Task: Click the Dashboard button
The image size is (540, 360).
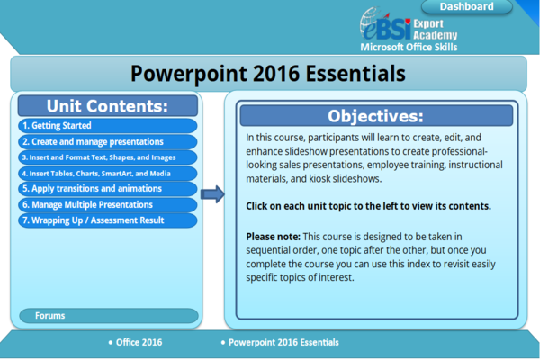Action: [x=466, y=7]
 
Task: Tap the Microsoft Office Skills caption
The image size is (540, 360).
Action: [x=408, y=47]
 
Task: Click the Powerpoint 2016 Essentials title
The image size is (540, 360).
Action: [x=267, y=72]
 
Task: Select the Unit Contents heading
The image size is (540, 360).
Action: [x=107, y=105]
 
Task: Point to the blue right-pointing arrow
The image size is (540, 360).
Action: [x=212, y=194]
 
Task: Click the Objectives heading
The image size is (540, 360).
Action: [x=374, y=116]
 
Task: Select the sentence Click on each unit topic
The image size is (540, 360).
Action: [x=368, y=206]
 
